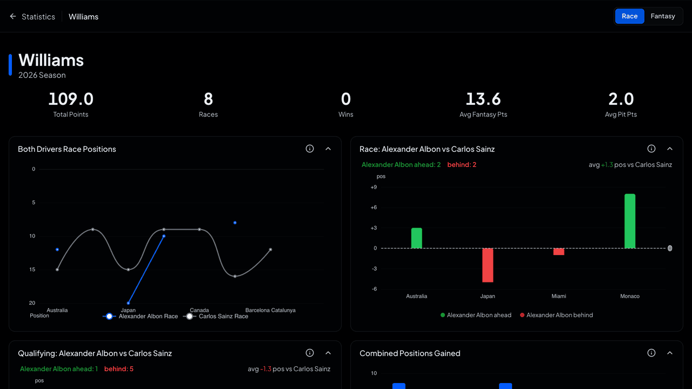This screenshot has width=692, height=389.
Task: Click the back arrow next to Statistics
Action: click(12, 16)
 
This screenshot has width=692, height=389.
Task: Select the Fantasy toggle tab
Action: click(663, 16)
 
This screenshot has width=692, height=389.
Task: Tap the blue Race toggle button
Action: click(629, 16)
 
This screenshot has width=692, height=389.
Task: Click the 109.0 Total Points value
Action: click(71, 99)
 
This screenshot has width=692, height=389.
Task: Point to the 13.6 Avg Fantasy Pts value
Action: click(483, 99)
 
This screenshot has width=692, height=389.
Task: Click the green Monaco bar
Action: click(630, 221)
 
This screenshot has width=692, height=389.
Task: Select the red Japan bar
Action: click(488, 265)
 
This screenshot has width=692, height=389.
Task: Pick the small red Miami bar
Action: click(558, 252)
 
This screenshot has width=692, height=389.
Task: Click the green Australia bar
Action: click(416, 238)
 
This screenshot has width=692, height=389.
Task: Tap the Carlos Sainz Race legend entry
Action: click(216, 317)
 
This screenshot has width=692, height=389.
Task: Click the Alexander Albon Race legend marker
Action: click(109, 317)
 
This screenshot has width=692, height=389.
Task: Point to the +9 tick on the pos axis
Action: click(374, 187)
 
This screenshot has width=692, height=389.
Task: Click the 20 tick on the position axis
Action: click(32, 303)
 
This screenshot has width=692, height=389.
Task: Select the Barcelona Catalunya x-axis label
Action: click(270, 310)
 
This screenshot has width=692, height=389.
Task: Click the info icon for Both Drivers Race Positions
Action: click(310, 149)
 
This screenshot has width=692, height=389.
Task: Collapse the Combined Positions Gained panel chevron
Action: click(669, 353)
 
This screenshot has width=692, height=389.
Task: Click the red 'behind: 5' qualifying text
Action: click(118, 369)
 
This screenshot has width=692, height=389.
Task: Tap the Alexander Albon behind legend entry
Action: click(556, 315)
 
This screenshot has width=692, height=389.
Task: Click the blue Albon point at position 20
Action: click(128, 303)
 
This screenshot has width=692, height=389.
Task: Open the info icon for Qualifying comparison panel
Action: click(310, 353)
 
